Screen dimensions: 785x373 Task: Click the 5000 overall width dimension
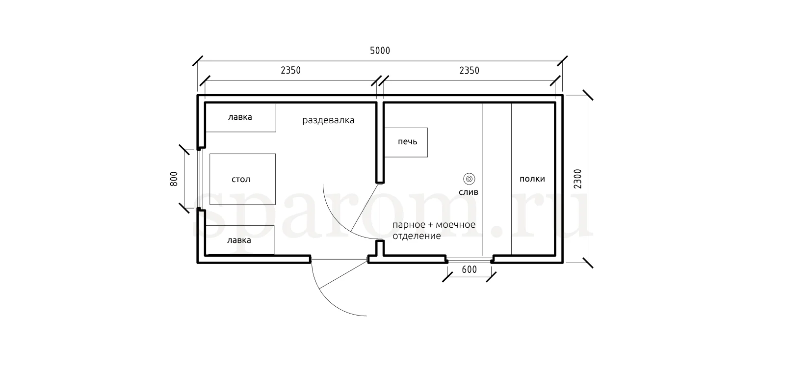pos(380,51)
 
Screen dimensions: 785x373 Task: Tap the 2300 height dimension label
pos(577,179)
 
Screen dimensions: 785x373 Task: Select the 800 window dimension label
pos(174,179)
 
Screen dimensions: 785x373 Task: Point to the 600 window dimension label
pos(469,269)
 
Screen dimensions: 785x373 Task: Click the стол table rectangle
pos(242,179)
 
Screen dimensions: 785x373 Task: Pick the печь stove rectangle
pos(406,142)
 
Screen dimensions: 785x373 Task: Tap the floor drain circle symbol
pos(469,179)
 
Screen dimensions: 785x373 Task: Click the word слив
pos(469,192)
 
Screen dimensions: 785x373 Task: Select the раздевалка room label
pos(328,121)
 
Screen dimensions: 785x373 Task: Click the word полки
pos(532,179)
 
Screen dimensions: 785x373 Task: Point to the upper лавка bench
pos(241,117)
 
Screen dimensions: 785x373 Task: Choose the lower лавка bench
pos(240,240)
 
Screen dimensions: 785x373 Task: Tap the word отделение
pos(417,236)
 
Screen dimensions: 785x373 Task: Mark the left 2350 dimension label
pos(290,71)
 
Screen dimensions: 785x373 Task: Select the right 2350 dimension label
pos(469,71)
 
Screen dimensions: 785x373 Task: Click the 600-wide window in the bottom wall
pos(469,260)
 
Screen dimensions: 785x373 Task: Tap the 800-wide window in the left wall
pos(199,179)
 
